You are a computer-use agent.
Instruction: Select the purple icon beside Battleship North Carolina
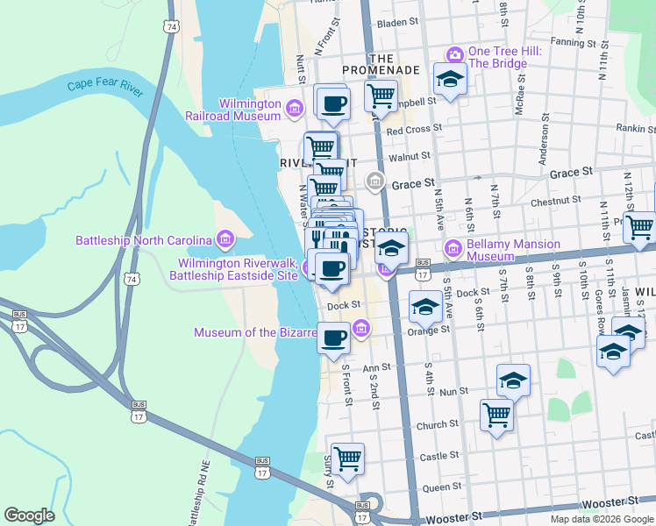point(225,239)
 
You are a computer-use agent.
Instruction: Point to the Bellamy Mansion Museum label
point(502,248)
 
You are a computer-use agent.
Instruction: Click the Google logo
point(29,515)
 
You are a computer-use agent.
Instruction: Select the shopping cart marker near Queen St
point(348,458)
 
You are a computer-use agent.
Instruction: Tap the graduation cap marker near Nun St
point(513,380)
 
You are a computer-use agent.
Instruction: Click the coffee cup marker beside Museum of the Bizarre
point(332,338)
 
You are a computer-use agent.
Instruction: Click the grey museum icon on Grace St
point(375,181)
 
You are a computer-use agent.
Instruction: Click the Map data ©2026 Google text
point(602,519)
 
